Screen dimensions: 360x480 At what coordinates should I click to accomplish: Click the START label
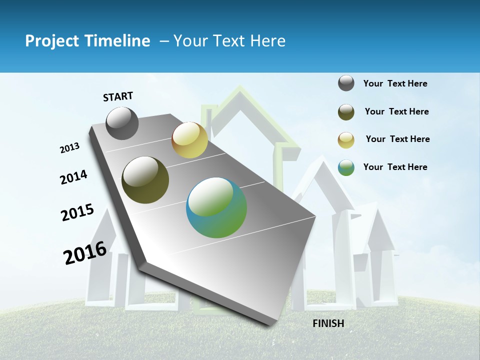(118, 96)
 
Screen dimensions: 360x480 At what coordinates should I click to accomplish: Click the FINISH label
(328, 323)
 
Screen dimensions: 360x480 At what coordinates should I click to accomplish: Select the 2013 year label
(69, 148)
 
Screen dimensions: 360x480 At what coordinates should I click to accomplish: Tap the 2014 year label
(74, 177)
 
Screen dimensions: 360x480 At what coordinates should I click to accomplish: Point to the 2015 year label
(77, 212)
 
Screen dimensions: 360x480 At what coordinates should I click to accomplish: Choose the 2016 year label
(85, 253)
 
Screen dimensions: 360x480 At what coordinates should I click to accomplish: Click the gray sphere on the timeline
(122, 123)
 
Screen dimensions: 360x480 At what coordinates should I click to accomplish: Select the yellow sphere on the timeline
(189, 140)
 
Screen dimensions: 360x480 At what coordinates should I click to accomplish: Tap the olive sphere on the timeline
(145, 180)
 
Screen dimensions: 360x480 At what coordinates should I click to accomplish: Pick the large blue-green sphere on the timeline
(216, 207)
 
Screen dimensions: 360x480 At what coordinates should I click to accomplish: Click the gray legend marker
(346, 83)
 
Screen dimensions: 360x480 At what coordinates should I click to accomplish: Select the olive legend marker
(346, 112)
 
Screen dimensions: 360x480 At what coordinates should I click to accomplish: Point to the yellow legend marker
(346, 140)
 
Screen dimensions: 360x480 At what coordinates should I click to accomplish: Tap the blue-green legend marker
(346, 167)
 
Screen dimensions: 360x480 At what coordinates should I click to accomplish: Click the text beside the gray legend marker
(395, 83)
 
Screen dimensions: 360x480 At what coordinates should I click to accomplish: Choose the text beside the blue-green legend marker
(395, 167)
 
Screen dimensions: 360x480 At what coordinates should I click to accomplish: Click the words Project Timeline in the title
(87, 41)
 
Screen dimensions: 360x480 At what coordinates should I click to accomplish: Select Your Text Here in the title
(229, 41)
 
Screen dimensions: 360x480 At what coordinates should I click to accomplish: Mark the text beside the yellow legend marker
(397, 139)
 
